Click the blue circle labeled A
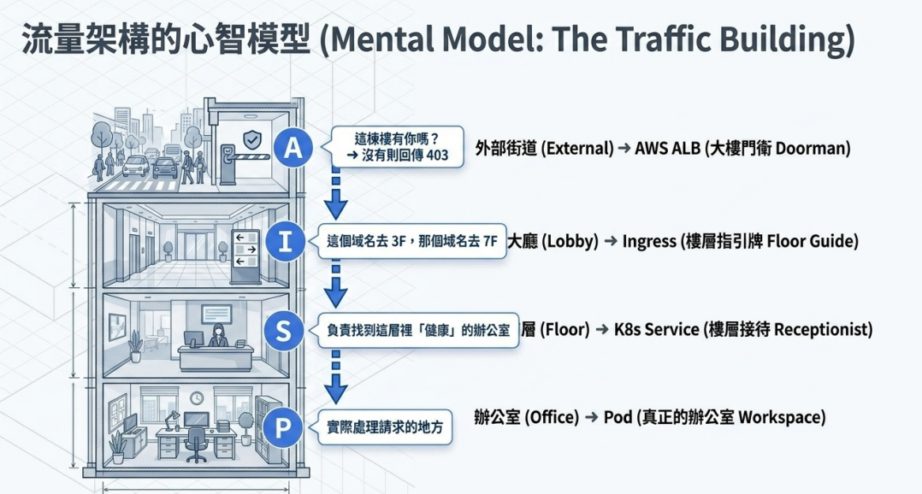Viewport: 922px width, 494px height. tap(293, 148)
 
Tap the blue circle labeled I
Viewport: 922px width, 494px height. tap(285, 241)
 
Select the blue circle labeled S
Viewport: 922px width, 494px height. tap(283, 331)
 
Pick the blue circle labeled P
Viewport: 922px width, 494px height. tap(282, 427)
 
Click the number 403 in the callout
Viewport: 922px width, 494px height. tap(437, 155)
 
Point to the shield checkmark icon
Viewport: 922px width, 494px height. tap(252, 140)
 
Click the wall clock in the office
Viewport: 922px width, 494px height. tap(197, 398)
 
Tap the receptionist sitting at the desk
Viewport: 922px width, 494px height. tap(217, 336)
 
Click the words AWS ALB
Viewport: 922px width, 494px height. tap(667, 148)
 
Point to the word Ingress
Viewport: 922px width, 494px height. tap(649, 241)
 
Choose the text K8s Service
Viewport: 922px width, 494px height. tap(656, 329)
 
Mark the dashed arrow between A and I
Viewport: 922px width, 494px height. tap(336, 193)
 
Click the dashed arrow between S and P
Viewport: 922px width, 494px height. tap(336, 377)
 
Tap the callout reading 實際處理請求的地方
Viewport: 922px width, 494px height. tap(386, 427)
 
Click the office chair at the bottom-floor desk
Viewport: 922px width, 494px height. tap(196, 444)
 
